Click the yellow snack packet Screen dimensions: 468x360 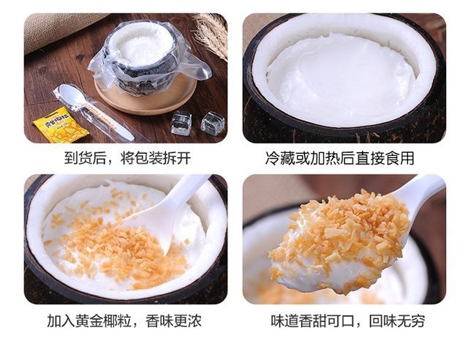click(x=58, y=125)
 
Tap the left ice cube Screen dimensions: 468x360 click(x=181, y=122)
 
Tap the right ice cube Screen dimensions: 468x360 click(x=213, y=122)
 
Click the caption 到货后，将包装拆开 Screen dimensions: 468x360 click(x=127, y=158)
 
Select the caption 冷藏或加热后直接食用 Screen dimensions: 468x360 click(x=339, y=158)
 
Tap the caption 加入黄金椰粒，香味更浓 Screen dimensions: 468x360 click(x=124, y=321)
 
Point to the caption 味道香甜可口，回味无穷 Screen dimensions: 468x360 click(x=348, y=321)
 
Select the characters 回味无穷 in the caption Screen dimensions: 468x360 click(x=397, y=321)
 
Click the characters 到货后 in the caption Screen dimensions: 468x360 click(x=85, y=158)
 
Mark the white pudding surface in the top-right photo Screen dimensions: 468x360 click(x=340, y=79)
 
